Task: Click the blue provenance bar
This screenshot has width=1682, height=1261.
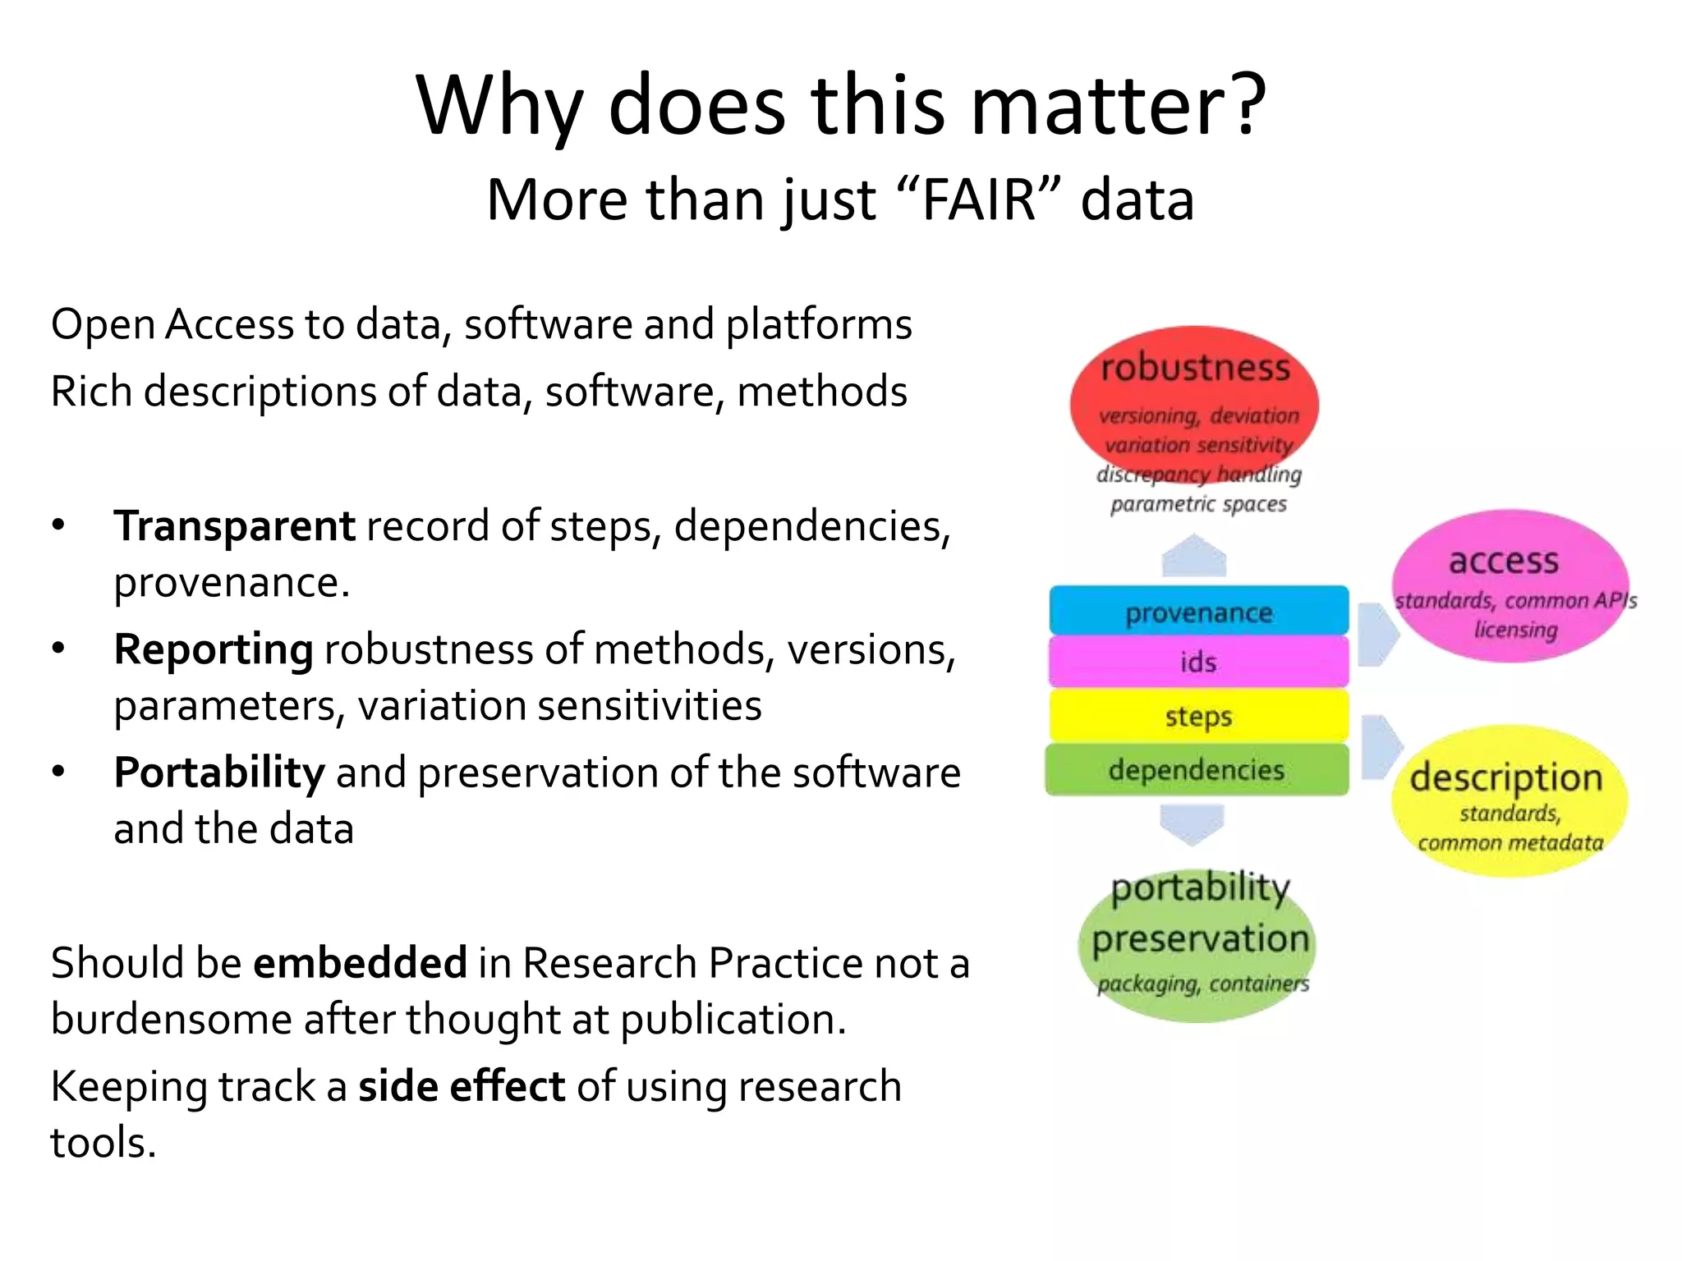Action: coord(1198,611)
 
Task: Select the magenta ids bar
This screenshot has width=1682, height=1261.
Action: coord(1198,662)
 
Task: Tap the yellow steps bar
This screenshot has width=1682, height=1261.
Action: coord(1198,715)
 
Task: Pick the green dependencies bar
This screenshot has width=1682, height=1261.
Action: coord(1197,770)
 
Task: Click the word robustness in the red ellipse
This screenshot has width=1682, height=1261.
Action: coord(1195,368)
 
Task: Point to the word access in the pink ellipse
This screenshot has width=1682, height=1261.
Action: coord(1503,561)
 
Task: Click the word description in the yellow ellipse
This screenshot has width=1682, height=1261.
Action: coord(1506,777)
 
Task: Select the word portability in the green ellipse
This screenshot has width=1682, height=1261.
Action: coord(1200,887)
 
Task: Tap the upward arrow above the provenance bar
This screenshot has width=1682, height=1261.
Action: coord(1194,557)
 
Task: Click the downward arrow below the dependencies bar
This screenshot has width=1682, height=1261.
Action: coord(1192,823)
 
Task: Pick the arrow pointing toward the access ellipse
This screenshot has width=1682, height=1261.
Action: coord(1377,634)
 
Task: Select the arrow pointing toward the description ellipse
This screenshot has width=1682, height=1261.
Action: coord(1381,746)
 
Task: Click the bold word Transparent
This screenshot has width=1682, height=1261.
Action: coord(234,525)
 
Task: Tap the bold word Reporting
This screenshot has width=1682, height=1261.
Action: coord(214,649)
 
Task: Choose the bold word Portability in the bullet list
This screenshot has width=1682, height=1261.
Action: coord(219,773)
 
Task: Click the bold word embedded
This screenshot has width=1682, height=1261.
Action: coord(360,962)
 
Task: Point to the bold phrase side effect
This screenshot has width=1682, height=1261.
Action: coord(462,1086)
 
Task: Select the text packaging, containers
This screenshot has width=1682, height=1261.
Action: coord(1202,983)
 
